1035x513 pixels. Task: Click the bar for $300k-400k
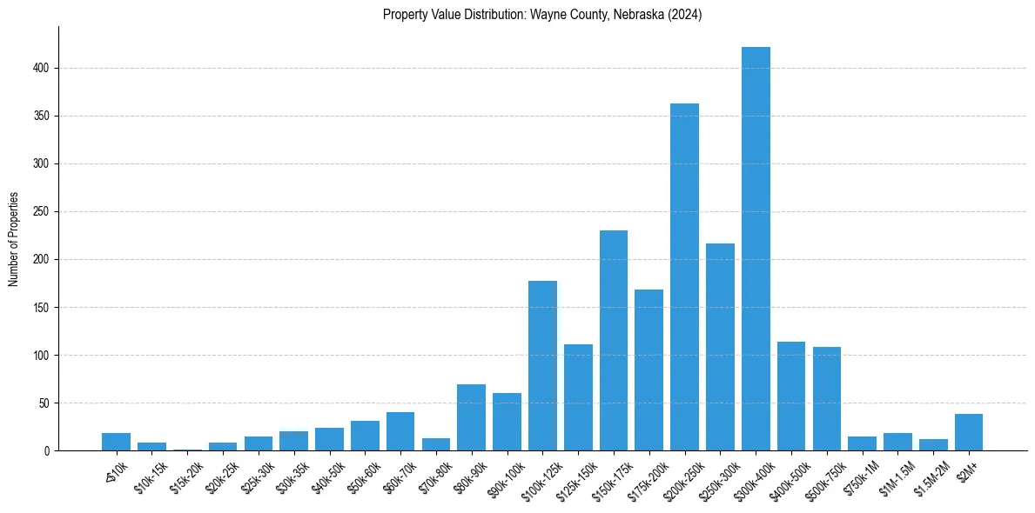point(756,249)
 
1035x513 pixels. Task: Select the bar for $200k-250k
point(684,277)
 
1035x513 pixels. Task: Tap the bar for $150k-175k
point(614,341)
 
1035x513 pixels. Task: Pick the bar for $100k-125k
point(542,366)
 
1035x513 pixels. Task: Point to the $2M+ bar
point(969,433)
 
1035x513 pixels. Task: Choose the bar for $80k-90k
point(471,418)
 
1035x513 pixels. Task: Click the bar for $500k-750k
point(827,399)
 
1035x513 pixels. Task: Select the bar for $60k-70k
point(400,432)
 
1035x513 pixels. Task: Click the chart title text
point(542,15)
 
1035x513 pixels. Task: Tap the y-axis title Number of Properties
point(14,239)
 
